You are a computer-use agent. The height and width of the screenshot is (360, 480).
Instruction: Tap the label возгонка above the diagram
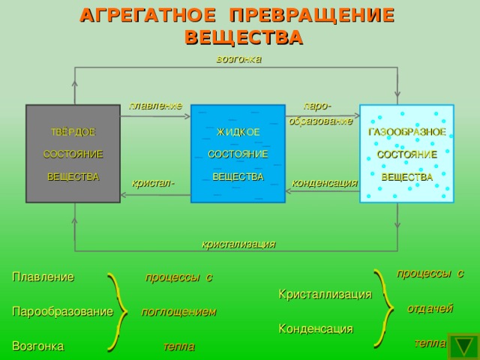point(238,58)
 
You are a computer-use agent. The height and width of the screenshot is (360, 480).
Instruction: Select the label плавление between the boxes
point(155,105)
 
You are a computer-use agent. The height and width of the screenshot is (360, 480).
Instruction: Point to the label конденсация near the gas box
point(324,181)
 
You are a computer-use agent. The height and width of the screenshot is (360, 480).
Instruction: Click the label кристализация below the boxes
point(238,244)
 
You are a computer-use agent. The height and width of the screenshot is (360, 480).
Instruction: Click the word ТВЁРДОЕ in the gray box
point(73,132)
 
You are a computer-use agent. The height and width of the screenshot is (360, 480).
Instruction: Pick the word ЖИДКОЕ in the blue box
point(238,132)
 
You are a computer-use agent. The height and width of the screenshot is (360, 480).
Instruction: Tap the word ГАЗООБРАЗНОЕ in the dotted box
point(407,132)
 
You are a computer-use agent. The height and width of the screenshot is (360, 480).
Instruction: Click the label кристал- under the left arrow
point(153,182)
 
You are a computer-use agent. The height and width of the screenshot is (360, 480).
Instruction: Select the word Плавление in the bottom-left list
point(43,277)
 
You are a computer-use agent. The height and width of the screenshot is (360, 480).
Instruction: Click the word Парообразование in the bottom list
point(62,310)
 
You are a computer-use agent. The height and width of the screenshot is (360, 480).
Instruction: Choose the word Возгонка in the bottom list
point(37,346)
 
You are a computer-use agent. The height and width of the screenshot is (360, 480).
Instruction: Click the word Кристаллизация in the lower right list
point(325,294)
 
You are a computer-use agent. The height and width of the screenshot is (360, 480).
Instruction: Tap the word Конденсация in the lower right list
point(316,328)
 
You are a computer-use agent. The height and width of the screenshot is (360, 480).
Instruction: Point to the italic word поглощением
point(178,311)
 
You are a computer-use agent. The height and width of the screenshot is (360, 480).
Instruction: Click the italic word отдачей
point(430,308)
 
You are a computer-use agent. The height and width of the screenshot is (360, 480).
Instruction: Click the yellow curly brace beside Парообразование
point(116,311)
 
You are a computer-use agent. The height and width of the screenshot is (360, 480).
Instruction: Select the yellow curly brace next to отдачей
point(387,307)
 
